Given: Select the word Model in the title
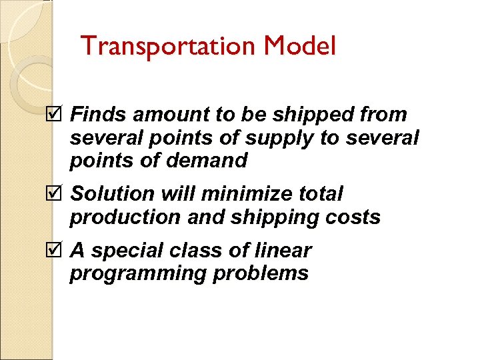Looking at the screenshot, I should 300,46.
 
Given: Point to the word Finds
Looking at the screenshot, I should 99,115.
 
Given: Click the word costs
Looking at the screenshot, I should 353,217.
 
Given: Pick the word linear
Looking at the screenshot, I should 283,250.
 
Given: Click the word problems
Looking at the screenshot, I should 263,273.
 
